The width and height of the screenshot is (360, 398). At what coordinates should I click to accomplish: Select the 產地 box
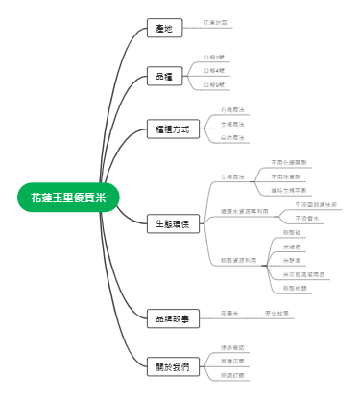tap(164, 29)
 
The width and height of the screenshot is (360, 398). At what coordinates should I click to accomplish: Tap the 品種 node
tap(164, 75)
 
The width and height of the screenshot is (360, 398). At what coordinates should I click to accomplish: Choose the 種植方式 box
tap(174, 129)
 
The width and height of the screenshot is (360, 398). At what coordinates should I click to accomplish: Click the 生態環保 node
tap(174, 223)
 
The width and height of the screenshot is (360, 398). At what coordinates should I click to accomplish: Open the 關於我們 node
tap(174, 367)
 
